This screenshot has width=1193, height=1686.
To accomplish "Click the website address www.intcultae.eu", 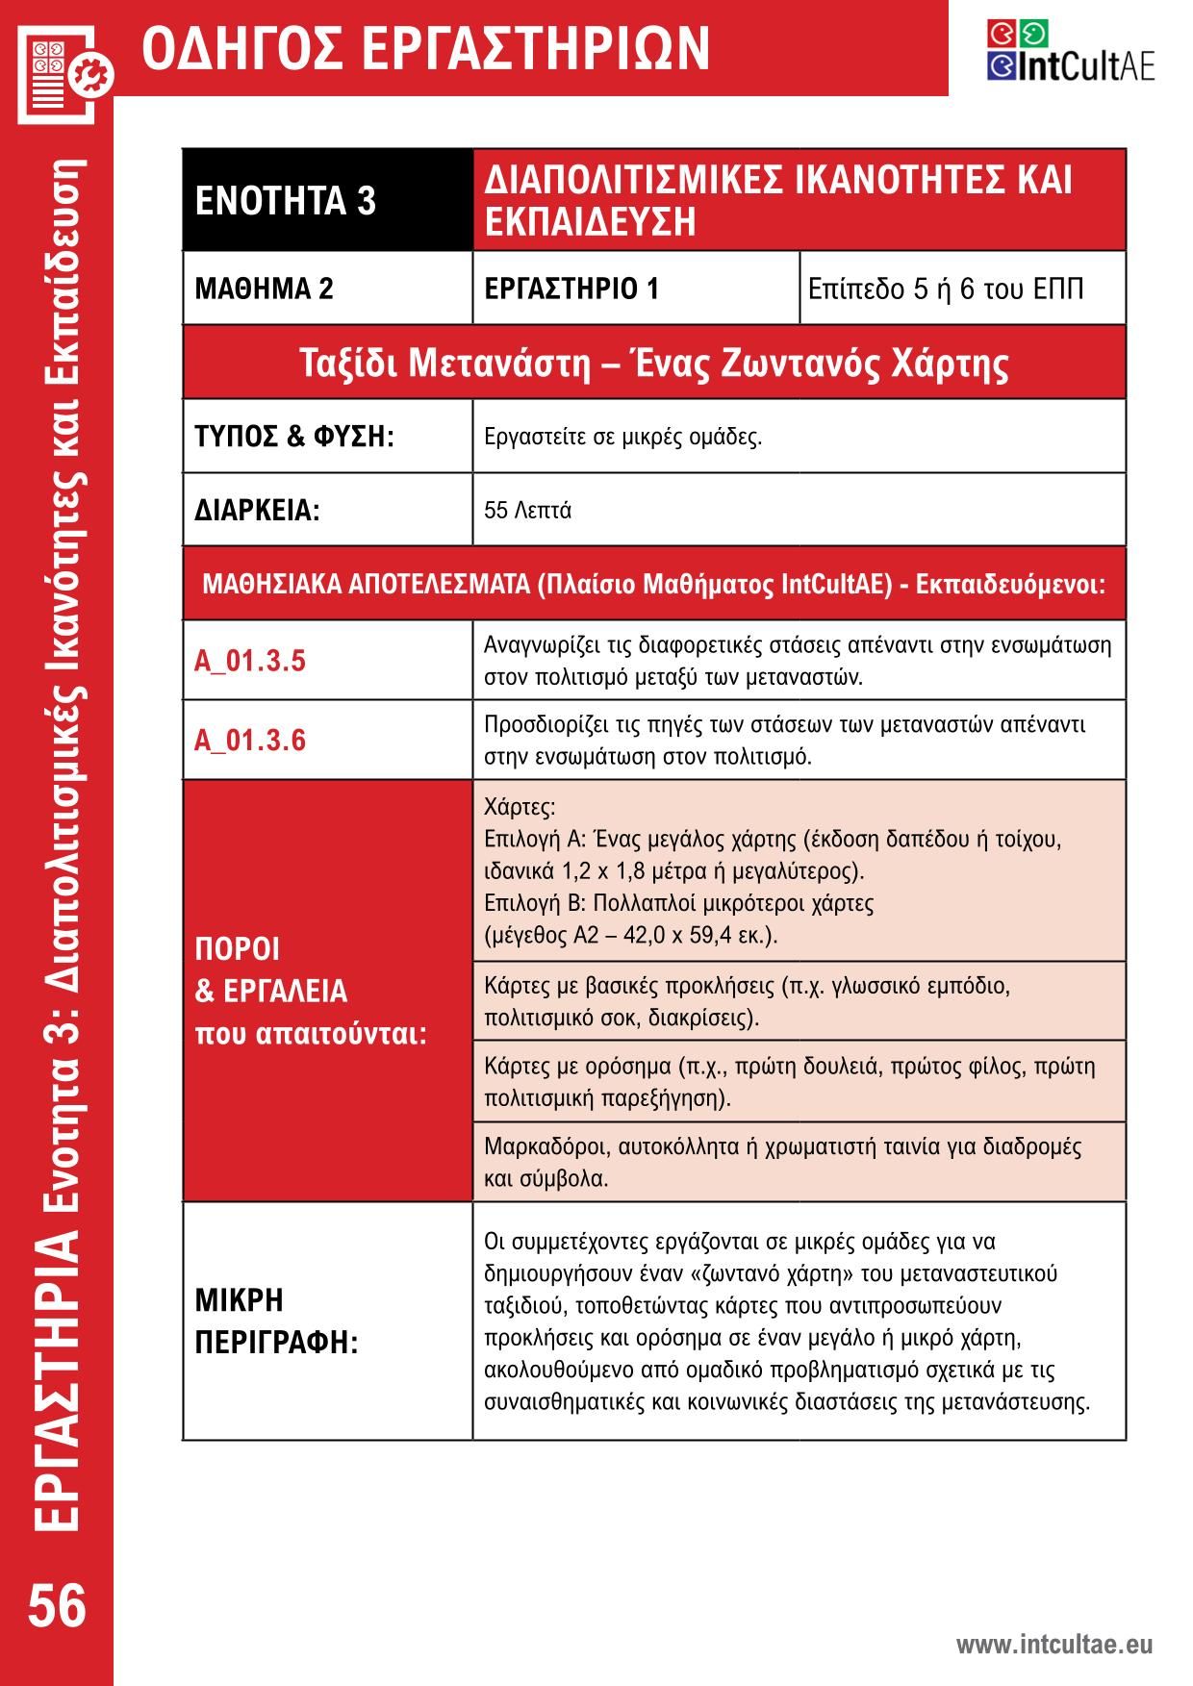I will click(x=1053, y=1645).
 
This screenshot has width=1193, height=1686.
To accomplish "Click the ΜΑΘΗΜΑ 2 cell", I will click(x=264, y=289).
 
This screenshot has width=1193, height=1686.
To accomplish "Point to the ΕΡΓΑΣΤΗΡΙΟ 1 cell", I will click(x=571, y=289).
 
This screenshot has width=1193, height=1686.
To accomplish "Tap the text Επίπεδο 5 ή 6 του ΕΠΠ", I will click(x=945, y=289).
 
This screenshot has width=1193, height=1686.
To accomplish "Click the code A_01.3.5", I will click(x=250, y=661).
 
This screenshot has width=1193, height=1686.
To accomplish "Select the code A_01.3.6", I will click(x=250, y=740).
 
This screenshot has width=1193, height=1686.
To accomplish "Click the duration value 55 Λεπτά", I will click(x=527, y=510).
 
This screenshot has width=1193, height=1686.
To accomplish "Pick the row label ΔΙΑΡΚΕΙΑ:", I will click(x=257, y=510).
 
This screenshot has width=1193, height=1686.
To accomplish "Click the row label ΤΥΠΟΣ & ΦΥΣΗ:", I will click(x=294, y=437).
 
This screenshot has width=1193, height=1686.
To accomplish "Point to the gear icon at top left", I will click(x=96, y=74).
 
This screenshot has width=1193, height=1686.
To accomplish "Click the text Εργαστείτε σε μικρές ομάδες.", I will click(x=622, y=437).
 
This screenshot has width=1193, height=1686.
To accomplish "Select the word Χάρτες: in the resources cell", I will click(x=520, y=806).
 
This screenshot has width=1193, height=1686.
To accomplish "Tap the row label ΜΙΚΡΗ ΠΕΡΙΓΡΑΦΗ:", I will click(x=276, y=1321).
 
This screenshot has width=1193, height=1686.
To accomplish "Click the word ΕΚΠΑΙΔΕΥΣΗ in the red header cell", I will click(x=590, y=222).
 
